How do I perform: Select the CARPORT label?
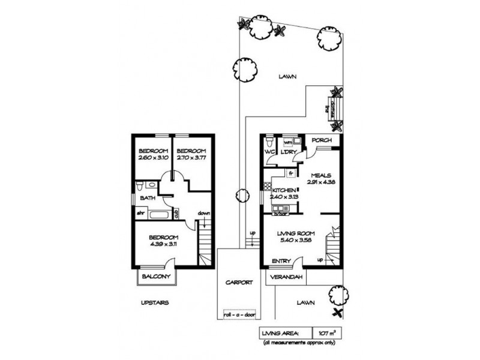(x=239, y=282)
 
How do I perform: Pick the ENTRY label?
(x=281, y=261)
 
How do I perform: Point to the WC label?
(x=269, y=152)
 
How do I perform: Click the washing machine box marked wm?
(x=287, y=142)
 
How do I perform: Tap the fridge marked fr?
(x=290, y=173)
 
